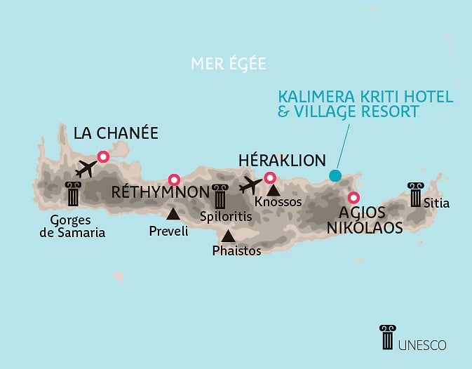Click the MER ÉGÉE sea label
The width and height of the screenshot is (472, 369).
229,63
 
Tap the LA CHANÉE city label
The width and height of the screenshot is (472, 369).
116,133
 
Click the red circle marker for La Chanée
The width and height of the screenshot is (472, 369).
104,157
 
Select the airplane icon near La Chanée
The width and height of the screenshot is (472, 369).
86,168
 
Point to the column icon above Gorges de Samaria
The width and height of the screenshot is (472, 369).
73,194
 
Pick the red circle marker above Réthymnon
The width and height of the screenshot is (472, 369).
174,180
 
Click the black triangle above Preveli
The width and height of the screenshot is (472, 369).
173,213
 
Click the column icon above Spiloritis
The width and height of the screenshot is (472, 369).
220,196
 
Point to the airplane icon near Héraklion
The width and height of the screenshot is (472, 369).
250,186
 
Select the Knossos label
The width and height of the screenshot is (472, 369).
278,202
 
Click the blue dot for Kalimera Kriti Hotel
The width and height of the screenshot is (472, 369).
335,175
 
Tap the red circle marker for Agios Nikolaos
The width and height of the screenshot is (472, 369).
354,198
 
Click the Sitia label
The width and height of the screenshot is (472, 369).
436,203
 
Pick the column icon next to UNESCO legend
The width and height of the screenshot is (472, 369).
386,337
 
